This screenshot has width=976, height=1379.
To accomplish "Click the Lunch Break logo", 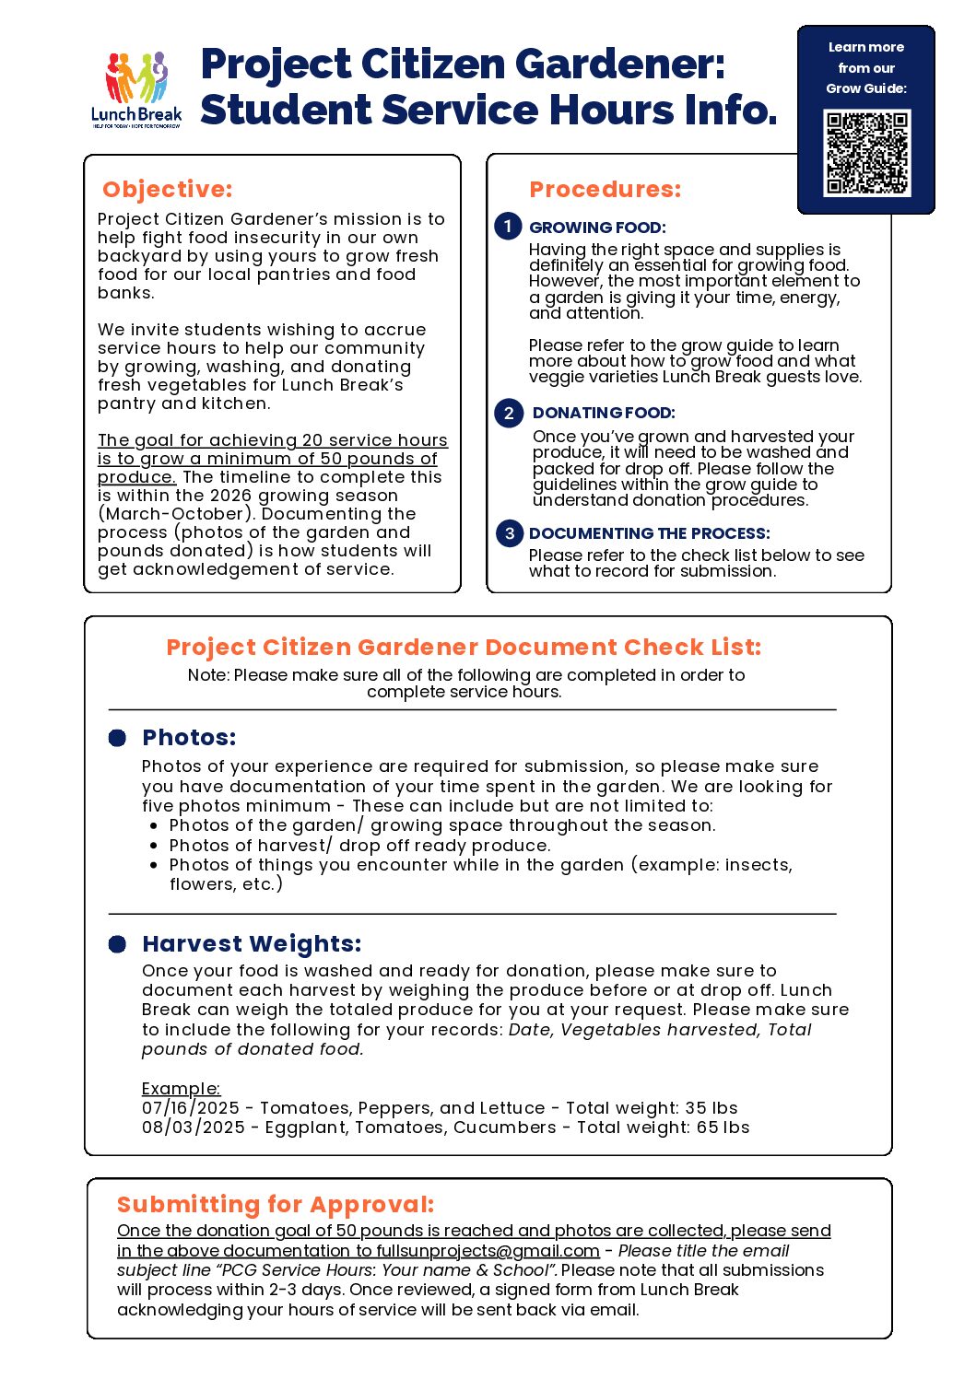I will click(136, 89).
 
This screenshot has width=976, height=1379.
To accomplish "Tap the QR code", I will click(867, 153).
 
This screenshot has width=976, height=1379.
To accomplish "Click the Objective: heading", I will click(167, 189).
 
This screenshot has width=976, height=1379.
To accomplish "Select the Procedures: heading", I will click(605, 189).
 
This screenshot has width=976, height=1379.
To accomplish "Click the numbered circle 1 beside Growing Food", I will click(508, 226).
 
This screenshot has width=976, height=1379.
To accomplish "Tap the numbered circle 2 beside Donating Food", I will click(509, 413).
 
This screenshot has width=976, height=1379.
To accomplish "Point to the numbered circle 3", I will click(509, 533).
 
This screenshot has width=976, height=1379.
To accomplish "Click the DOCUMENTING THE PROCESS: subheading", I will click(649, 533).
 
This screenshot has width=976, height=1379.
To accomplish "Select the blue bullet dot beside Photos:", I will click(117, 738).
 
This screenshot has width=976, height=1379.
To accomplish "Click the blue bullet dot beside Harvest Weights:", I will click(117, 944).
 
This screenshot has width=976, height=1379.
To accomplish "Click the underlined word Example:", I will click(181, 1089).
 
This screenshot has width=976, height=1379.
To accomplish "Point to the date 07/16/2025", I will click(191, 1108).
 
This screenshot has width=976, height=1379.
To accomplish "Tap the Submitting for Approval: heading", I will click(276, 1205).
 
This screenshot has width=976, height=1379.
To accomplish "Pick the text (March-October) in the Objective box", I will click(176, 514).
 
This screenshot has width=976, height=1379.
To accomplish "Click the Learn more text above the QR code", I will click(865, 47).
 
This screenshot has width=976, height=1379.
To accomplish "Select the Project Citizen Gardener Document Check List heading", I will click(464, 647).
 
